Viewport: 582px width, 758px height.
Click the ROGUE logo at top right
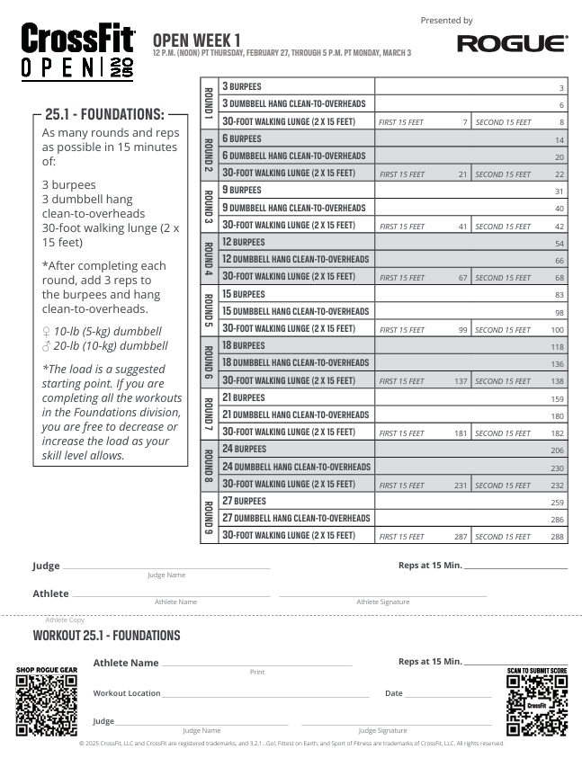[x=512, y=43]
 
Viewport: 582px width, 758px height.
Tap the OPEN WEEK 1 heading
[x=197, y=40]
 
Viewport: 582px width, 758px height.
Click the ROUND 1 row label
[x=209, y=104]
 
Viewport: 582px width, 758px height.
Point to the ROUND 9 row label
[x=209, y=518]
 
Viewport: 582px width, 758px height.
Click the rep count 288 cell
[x=558, y=537]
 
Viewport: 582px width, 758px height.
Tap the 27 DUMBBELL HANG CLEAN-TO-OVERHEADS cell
[x=296, y=518]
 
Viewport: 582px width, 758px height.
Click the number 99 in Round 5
[x=461, y=330]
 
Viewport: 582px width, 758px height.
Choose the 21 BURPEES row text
[x=244, y=397]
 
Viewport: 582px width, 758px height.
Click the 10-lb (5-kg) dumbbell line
[x=102, y=331]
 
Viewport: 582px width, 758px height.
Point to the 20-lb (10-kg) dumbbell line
[x=104, y=345]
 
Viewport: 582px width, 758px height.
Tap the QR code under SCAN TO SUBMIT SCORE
[x=537, y=706]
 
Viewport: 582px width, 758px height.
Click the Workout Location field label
[x=127, y=693]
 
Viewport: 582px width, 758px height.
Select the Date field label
[x=394, y=693]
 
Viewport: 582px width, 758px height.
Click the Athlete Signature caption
[x=382, y=602]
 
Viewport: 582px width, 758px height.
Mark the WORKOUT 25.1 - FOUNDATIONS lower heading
[x=106, y=636]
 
